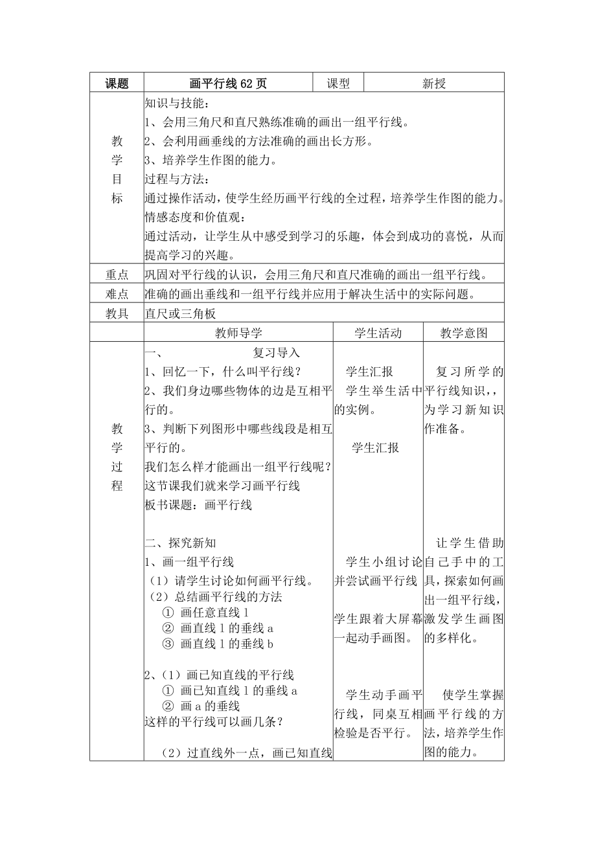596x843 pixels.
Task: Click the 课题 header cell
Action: pos(117,83)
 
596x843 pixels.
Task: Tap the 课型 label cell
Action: pos(338,83)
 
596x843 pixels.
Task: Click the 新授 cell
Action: pos(434,83)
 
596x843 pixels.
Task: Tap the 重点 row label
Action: pos(117,275)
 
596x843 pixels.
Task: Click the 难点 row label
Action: pos(117,295)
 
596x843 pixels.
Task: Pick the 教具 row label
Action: pos(117,314)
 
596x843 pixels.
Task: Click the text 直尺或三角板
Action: pos(180,314)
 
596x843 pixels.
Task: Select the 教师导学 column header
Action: pos(238,333)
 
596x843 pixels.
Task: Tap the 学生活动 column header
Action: pos(378,333)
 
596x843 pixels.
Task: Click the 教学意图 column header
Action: pos(464,333)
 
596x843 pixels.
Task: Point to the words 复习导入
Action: pos(276,353)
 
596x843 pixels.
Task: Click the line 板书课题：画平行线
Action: pos(198,505)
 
